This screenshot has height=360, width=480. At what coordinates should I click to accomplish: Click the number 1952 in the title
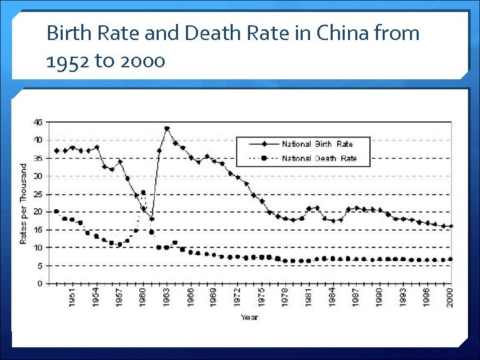pos(65,61)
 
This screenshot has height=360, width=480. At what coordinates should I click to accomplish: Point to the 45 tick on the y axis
pos(37,122)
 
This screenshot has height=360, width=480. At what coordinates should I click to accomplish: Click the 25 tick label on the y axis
pos(37,194)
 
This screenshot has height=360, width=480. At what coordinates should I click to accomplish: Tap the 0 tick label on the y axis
pos(39,284)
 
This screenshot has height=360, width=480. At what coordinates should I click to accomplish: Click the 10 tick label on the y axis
pos(37,248)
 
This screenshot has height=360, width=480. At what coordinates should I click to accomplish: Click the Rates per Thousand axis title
pos(23,203)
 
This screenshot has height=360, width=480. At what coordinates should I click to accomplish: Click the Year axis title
pos(250,317)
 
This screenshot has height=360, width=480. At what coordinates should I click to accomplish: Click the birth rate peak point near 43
pos(167,129)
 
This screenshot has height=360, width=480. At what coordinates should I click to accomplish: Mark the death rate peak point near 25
pos(143,193)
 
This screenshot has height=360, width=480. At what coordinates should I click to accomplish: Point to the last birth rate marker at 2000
pos(451,226)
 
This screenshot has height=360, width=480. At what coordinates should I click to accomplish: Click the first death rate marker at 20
pos(57,211)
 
